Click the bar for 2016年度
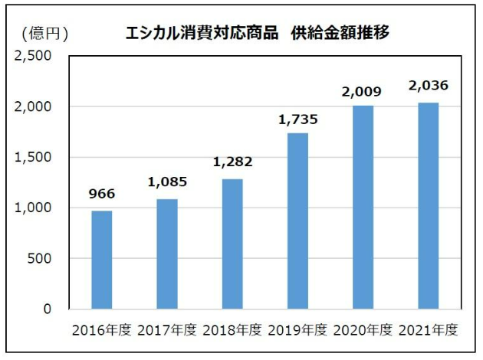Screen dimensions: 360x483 (x=102, y=260)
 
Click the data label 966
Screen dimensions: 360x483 (x=102, y=193)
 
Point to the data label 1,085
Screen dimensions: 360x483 (x=167, y=182)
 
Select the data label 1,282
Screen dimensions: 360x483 (x=232, y=162)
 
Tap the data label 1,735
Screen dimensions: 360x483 (x=297, y=119)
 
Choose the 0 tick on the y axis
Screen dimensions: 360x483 (x=47, y=309)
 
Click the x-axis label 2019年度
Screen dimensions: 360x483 (x=297, y=331)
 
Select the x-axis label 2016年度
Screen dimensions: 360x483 (x=102, y=331)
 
